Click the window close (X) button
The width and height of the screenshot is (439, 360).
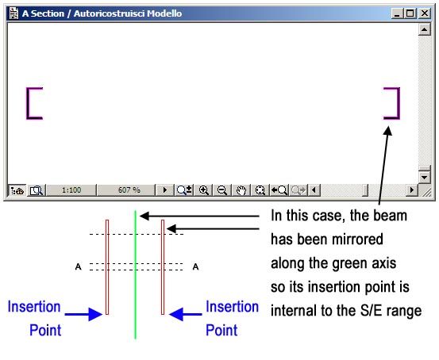coord(424,14)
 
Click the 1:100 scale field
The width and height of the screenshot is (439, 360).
coord(72,190)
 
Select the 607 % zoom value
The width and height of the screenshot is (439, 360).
coord(129,190)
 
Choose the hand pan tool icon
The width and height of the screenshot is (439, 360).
coord(241,190)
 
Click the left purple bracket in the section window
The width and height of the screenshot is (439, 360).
coord(32,103)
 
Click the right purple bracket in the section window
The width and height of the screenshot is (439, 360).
coord(393,103)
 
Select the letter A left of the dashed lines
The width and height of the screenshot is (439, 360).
coord(76,266)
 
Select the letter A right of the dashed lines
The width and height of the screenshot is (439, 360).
coord(195,266)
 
